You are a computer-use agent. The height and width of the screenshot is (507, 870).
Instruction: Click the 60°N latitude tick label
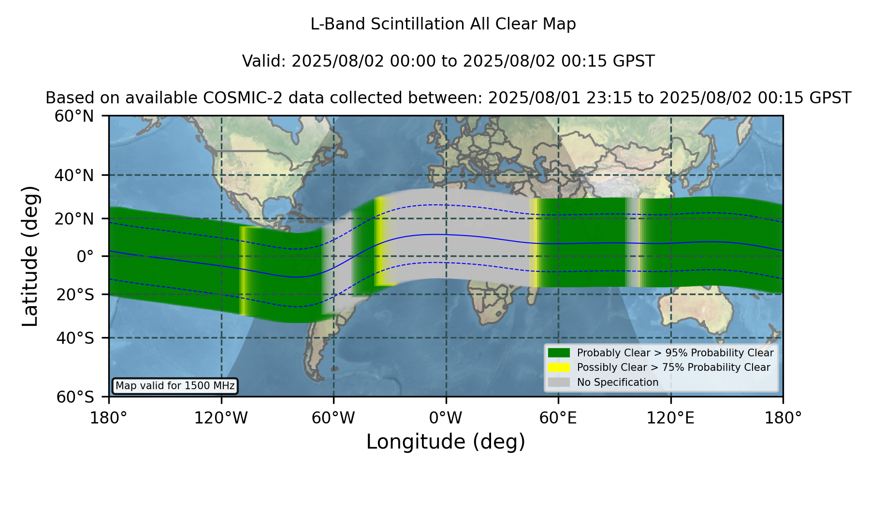(x=74, y=116)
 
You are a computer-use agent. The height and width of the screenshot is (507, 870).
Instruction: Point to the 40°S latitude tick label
(x=75, y=338)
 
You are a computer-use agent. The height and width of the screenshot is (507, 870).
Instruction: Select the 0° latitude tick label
(x=85, y=256)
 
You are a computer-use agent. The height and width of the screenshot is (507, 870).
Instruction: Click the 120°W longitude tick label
(x=221, y=418)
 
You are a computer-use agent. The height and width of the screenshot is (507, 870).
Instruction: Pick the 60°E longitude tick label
(x=558, y=418)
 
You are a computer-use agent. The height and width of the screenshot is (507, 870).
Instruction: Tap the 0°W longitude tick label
(x=446, y=418)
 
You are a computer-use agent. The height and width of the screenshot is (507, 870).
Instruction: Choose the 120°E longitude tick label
(x=671, y=418)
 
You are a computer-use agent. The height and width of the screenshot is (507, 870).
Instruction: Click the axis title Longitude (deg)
(x=446, y=442)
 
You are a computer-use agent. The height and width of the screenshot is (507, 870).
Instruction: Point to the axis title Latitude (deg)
(x=30, y=256)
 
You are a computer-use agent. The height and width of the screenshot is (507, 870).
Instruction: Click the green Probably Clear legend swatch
(x=559, y=353)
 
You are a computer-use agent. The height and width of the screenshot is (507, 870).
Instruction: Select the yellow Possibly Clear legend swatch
(x=559, y=367)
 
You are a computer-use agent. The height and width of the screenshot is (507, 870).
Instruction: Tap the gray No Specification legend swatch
(x=559, y=382)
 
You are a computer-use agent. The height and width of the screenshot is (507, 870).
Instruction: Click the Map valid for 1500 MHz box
(x=175, y=386)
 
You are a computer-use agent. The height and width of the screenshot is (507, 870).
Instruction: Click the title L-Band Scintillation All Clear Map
(x=443, y=24)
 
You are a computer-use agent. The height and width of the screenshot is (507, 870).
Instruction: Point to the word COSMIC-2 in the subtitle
(x=234, y=98)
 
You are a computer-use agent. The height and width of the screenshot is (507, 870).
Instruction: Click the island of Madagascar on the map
(x=534, y=291)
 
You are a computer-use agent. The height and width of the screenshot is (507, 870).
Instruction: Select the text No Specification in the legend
(x=618, y=382)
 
